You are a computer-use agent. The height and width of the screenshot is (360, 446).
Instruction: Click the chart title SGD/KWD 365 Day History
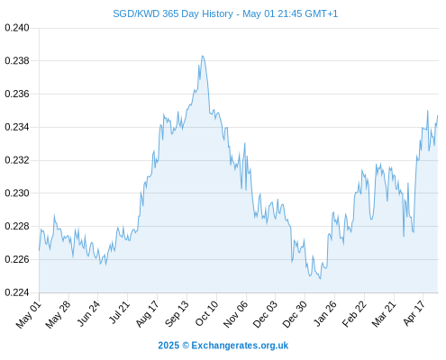pyautogui.click(x=173, y=13)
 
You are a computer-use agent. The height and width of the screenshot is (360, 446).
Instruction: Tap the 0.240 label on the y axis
pyautogui.click(x=17, y=28)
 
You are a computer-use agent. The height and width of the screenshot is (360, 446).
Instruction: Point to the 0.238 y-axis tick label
pyautogui.click(x=17, y=61)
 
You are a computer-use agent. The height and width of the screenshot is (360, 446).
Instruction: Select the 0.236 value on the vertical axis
pyautogui.click(x=17, y=94)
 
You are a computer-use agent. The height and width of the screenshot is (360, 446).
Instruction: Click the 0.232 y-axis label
pyautogui.click(x=17, y=160)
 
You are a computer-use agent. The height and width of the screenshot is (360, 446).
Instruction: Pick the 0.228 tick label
pyautogui.click(x=17, y=226)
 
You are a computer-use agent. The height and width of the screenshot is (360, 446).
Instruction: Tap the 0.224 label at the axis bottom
pyautogui.click(x=17, y=292)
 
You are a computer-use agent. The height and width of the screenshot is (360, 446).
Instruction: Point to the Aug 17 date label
pyautogui.click(x=147, y=314)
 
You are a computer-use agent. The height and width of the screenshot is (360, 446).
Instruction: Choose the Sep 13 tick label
pyautogui.click(x=177, y=314)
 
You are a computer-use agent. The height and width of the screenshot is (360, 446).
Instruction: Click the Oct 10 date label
pyautogui.click(x=206, y=313)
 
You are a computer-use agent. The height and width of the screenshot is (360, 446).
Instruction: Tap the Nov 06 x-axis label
pyautogui.click(x=236, y=314)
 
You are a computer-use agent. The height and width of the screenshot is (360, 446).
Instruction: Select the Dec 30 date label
pyautogui.click(x=295, y=314)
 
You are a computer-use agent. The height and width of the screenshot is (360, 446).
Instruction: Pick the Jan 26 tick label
pyautogui.click(x=324, y=313)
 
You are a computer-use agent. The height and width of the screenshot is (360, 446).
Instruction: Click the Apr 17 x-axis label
pyautogui.click(x=414, y=313)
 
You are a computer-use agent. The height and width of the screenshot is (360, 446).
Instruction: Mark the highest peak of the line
pyautogui.click(x=203, y=56)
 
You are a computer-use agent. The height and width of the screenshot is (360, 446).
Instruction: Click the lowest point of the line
pyautogui.click(x=321, y=279)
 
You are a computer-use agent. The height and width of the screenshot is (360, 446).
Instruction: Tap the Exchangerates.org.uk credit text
pyautogui.click(x=240, y=346)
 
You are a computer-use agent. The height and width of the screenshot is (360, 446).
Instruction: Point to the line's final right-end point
pyautogui.click(x=438, y=115)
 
